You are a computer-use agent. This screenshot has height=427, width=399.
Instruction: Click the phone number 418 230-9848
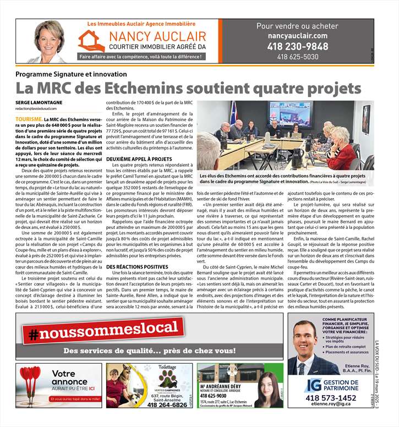297,46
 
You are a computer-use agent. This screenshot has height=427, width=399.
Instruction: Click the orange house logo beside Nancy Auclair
91,41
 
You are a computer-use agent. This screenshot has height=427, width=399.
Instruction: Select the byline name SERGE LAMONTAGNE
39,103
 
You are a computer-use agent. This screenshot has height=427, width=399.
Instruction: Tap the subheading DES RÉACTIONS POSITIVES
130,267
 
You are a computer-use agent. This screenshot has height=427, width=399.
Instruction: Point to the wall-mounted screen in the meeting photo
289,114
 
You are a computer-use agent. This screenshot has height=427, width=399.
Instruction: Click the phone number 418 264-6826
167,404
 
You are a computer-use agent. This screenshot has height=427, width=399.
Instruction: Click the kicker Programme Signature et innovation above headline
71,74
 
